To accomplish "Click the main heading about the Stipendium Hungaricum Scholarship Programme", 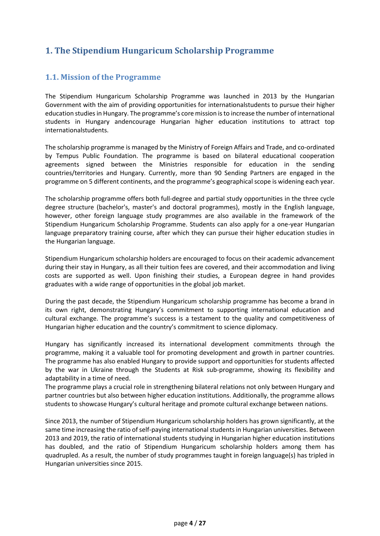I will pyautogui.click(x=160, y=50).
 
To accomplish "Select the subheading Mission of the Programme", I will pyautogui.click(x=103, y=77).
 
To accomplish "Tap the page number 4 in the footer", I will pyautogui.click(x=191, y=523).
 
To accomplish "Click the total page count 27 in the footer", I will pyautogui.click(x=202, y=523).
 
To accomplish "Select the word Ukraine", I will pyautogui.click(x=102, y=370).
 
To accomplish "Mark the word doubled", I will pyautogui.click(x=67, y=447).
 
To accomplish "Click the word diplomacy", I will pyautogui.click(x=261, y=327).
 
